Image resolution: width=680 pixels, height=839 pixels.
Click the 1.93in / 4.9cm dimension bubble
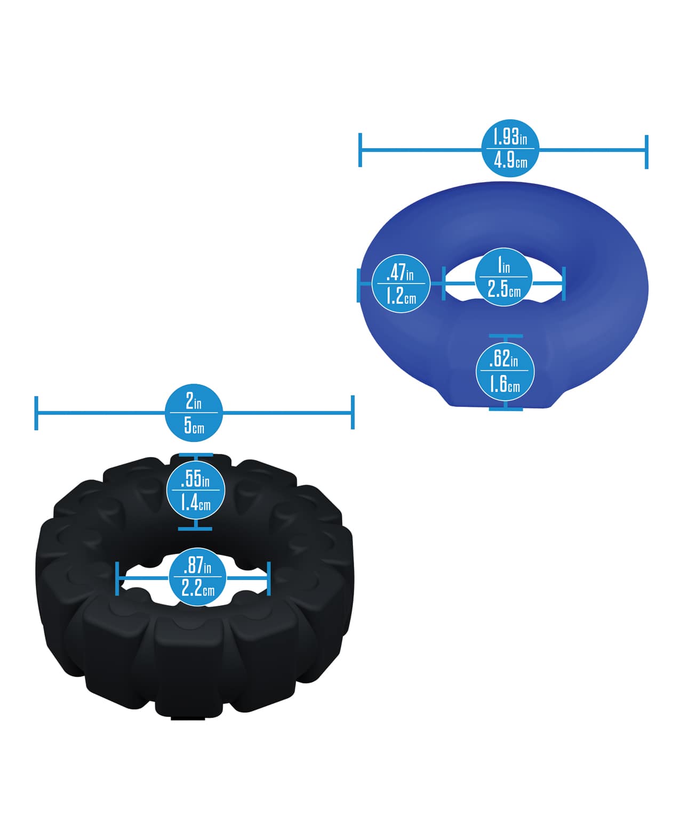pyautogui.click(x=510, y=148)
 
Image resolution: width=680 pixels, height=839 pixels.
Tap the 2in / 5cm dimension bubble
pyautogui.click(x=194, y=413)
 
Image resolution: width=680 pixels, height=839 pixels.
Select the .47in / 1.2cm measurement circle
pyautogui.click(x=401, y=283)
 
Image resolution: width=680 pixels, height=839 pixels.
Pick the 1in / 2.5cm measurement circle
pyautogui.click(x=504, y=277)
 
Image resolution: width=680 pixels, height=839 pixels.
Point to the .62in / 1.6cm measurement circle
pyautogui.click(x=505, y=372)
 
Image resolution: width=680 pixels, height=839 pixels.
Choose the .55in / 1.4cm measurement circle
pyautogui.click(x=195, y=491)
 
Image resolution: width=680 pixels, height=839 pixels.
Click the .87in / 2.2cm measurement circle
pyautogui.click(x=197, y=577)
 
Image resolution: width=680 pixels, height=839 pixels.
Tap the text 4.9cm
pyautogui.click(x=510, y=160)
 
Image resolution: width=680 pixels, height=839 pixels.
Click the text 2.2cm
pyautogui.click(x=197, y=589)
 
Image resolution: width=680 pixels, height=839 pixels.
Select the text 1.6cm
pyautogui.click(x=505, y=384)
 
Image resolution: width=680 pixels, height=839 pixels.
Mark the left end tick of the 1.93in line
pyautogui.click(x=361, y=150)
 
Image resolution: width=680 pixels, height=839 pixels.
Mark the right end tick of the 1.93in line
pyautogui.click(x=646, y=151)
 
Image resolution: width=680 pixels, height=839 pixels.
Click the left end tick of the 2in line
pyautogui.click(x=36, y=413)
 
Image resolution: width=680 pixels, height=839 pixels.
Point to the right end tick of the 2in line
pyautogui.click(x=353, y=412)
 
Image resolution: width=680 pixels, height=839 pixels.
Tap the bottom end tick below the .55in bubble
pyautogui.click(x=195, y=529)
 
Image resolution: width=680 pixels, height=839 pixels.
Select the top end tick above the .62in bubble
pyautogui.click(x=506, y=336)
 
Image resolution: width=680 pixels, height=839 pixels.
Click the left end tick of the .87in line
pyautogui.click(x=117, y=578)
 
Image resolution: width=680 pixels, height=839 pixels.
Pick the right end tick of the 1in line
pyautogui.click(x=564, y=283)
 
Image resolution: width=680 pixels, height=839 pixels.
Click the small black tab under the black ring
pyautogui.click(x=188, y=719)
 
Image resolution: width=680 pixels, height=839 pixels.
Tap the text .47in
pyautogui.click(x=400, y=273)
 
